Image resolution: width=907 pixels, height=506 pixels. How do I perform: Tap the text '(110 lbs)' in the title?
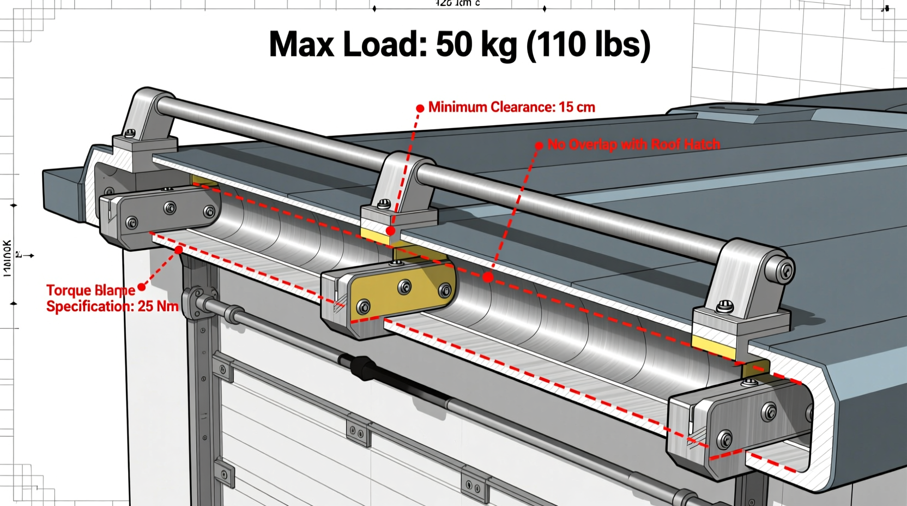tap(588, 45)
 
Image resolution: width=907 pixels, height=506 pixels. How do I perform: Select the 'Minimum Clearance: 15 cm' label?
tap(511, 107)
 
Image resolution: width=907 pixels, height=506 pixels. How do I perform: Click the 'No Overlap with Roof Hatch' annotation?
tap(633, 144)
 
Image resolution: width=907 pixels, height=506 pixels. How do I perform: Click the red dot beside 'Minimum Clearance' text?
tap(420, 109)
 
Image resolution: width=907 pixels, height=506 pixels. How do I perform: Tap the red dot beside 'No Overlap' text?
tap(539, 145)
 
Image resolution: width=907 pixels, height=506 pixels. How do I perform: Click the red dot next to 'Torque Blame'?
tap(142, 287)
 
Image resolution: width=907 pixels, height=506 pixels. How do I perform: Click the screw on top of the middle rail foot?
tap(384, 204)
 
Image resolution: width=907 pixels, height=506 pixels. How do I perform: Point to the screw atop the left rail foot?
tap(130, 132)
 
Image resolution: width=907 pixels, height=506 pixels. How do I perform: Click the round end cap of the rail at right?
tap(785, 270)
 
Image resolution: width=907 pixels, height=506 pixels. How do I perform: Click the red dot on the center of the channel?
tap(488, 277)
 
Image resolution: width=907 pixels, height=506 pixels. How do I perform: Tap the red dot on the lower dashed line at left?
tap(179, 250)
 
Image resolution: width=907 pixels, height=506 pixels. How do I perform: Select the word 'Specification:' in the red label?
tap(90, 306)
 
